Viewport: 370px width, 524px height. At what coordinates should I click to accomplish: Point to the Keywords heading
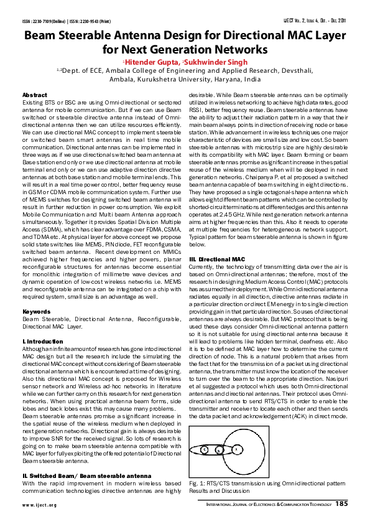pos(36,311)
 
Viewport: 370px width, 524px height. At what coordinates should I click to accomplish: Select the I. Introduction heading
pos(42,342)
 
